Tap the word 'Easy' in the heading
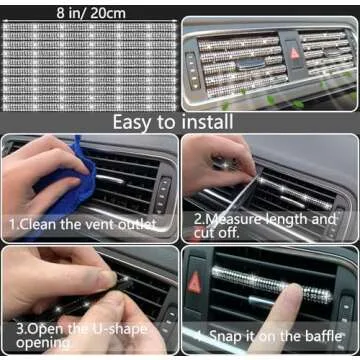(139, 121)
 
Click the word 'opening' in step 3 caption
(44, 343)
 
